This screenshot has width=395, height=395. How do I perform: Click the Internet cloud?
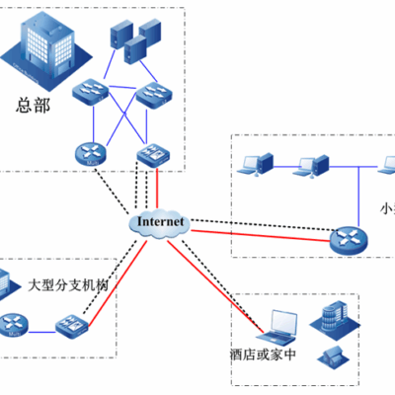159,224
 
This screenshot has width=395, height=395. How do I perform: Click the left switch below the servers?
95,94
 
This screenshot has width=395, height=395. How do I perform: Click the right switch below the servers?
154,94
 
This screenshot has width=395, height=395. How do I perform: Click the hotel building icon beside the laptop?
331,317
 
